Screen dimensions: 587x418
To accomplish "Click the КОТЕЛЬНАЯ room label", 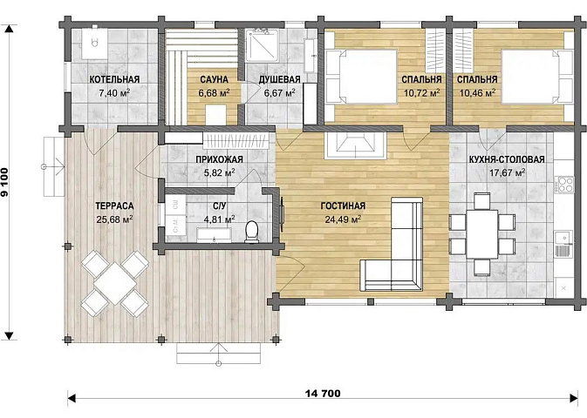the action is pos(114,79).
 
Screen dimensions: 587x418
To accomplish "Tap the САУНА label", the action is pos(214,79).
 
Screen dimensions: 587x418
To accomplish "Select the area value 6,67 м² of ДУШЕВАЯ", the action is pos(279,92).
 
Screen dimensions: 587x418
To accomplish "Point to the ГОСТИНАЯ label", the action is pos(343,206).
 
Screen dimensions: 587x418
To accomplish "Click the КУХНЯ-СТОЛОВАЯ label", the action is pos(507,159).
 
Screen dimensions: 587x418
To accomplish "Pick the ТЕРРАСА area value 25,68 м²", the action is pos(114,219).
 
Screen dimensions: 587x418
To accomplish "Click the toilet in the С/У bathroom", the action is pos(252,231).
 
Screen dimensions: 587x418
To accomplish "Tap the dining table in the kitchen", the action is pos(482,234).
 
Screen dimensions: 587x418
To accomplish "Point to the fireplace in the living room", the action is pos(355,145).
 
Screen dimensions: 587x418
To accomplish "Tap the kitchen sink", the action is pos(563,243).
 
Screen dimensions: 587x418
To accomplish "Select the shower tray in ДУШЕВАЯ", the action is pos(262,45).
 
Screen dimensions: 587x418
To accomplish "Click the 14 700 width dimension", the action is pos(323,394).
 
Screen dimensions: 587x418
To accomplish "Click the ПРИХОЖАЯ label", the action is pos(220,159).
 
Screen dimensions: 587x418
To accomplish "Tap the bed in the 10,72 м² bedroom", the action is pos(361,77).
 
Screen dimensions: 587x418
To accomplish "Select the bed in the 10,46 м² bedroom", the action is pos(536,77).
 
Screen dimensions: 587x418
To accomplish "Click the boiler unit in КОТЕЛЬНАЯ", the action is pos(95,43).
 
